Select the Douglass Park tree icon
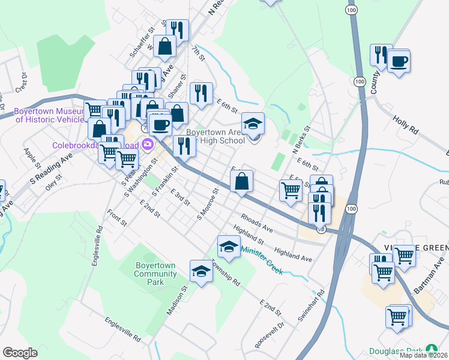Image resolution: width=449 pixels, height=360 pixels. [x=431, y=349]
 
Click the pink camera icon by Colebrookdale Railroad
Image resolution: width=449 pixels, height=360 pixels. [x=147, y=145]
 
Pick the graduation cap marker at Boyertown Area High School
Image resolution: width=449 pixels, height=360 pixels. [x=255, y=124]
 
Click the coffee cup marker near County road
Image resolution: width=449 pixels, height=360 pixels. [x=399, y=61]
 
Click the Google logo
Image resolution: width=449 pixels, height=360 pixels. [x=20, y=352]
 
